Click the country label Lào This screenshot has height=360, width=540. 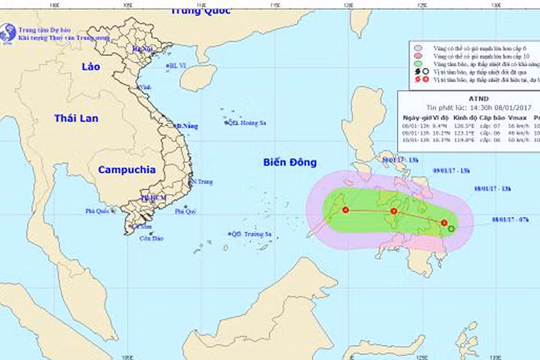(91, 67)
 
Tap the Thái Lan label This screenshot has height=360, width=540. (77, 118)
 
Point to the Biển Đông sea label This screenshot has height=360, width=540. (290, 162)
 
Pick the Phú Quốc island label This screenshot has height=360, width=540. (100, 212)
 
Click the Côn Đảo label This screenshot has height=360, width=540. (151, 238)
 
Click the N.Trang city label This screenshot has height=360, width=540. (202, 181)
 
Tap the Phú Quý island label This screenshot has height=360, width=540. (185, 212)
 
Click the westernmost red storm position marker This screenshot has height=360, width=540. (346, 210)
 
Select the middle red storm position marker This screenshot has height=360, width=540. (394, 211)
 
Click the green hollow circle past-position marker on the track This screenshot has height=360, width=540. (451, 228)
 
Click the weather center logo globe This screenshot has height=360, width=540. (8, 32)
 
